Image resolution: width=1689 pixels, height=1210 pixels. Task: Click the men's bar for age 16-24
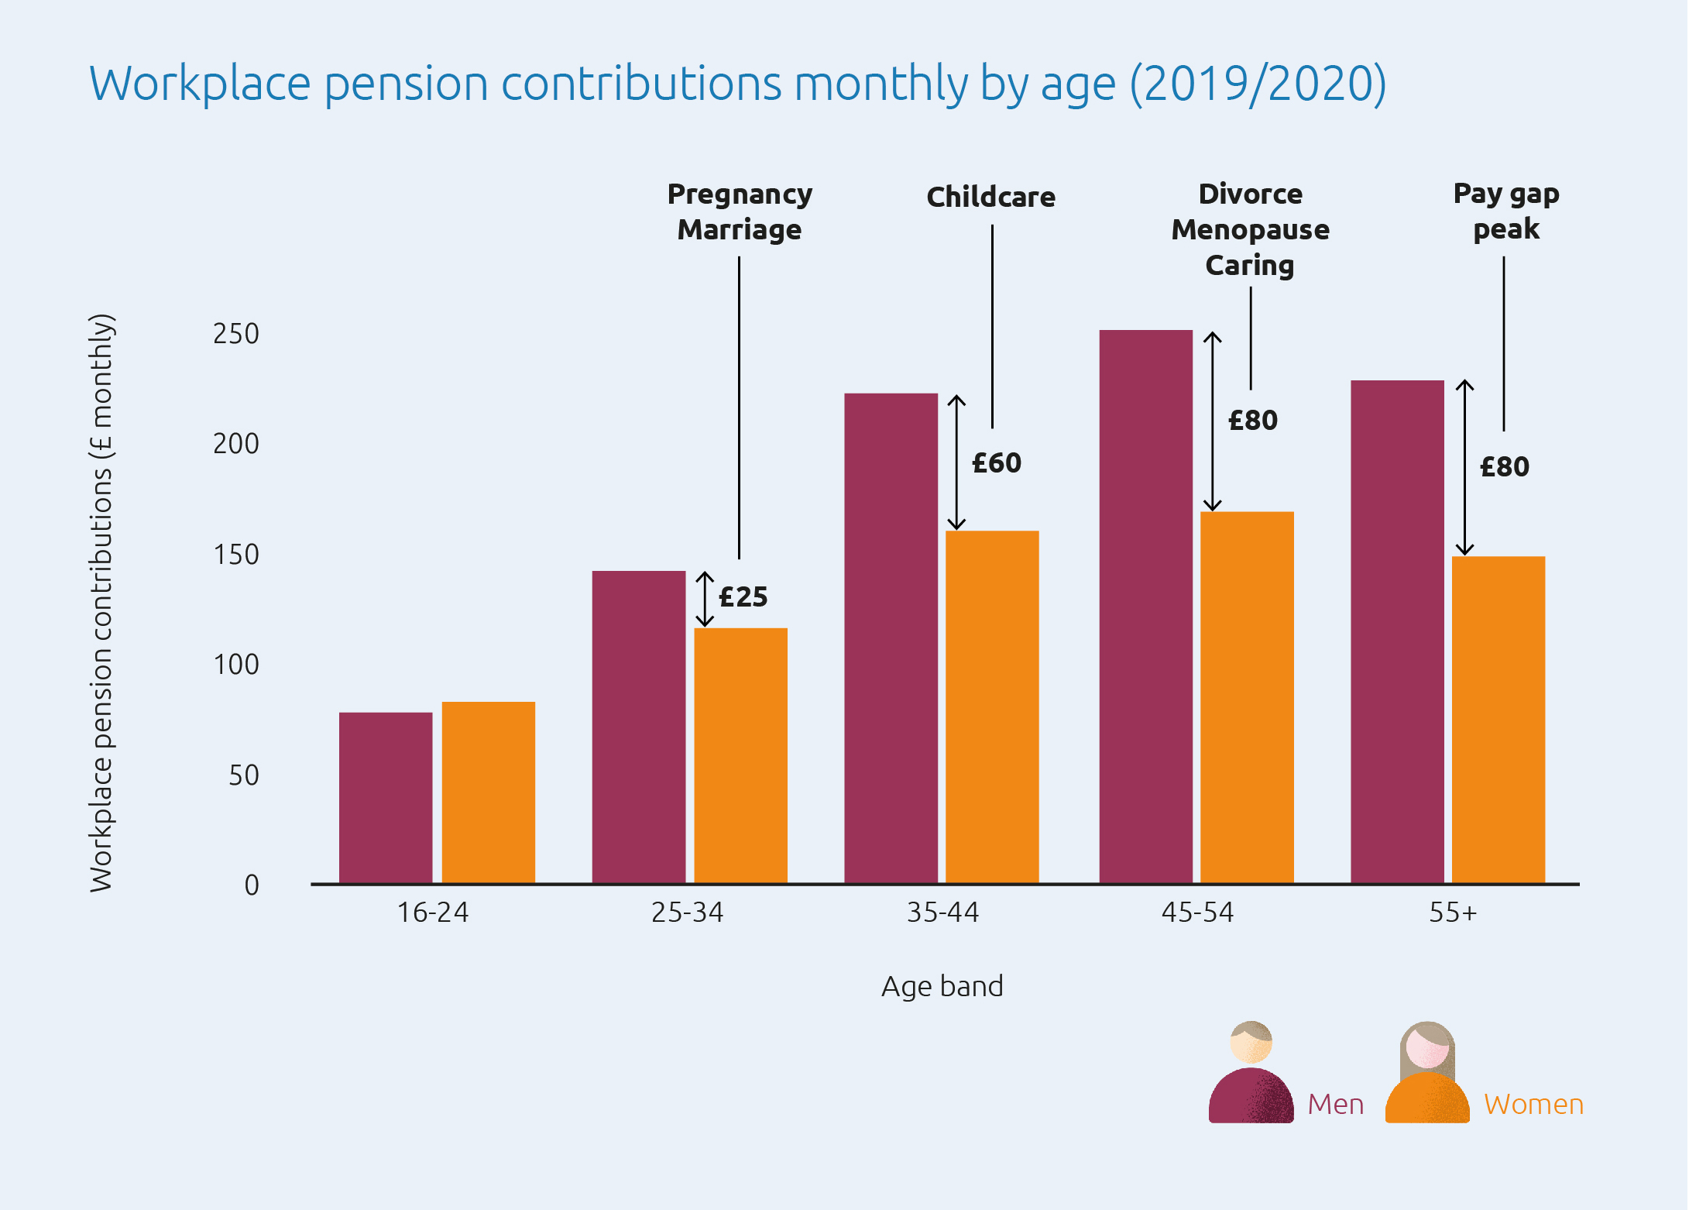pos(386,798)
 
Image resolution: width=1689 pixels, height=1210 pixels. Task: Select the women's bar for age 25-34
pos(740,755)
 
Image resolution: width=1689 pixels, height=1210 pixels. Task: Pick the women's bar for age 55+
pos(1498,720)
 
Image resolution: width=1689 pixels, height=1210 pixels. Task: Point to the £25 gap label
pos(743,597)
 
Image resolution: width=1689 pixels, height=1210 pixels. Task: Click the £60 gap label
pos(997,463)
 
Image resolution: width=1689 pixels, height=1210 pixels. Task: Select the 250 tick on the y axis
pos(236,334)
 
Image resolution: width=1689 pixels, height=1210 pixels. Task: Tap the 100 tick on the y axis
pos(236,665)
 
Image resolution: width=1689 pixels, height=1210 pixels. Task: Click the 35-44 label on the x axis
pos(942,913)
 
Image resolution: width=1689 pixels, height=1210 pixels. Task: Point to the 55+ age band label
pos(1453,913)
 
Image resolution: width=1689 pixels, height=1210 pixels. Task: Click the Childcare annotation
pos(990,197)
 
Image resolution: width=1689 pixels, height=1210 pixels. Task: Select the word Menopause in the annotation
pos(1250,230)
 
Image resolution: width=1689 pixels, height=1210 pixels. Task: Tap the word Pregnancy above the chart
pos(740,194)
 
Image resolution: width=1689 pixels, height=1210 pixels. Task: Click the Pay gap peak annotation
pos(1505,211)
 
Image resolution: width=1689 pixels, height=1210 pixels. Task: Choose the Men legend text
pos(1335,1104)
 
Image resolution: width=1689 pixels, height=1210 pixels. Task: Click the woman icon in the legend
pos(1426,1073)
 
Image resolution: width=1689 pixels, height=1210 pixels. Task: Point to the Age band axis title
pos(942,986)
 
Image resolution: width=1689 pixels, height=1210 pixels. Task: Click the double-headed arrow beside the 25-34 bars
pos(704,599)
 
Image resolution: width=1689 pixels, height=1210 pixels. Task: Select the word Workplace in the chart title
pos(200,84)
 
